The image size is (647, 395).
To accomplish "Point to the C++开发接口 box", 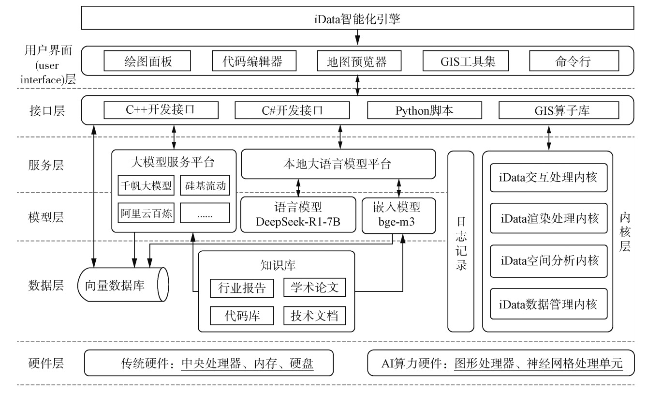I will point(159,110).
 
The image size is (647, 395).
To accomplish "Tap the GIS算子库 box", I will point(558,110).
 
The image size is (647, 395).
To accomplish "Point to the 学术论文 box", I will point(314,288).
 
